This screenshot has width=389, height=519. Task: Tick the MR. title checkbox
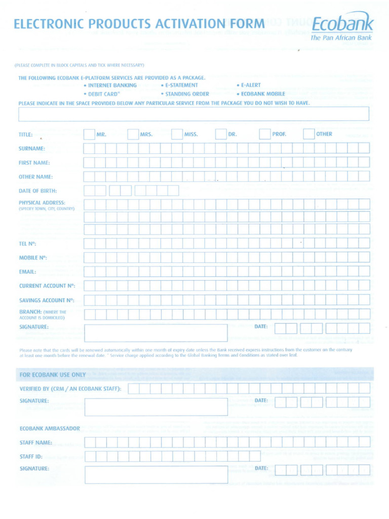pyautogui.click(x=89, y=134)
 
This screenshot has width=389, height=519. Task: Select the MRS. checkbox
pyautogui.click(x=133, y=134)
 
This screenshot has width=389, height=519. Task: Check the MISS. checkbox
pyautogui.click(x=177, y=134)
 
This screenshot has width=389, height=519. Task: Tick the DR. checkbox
pyautogui.click(x=221, y=134)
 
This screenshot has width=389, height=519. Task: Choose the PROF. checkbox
pyautogui.click(x=265, y=134)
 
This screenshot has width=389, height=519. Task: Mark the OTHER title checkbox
pyautogui.click(x=308, y=134)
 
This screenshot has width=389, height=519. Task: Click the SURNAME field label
pyautogui.click(x=32, y=149)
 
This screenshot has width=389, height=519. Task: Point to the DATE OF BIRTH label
pyautogui.click(x=37, y=191)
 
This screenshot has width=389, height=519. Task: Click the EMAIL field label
pyautogui.click(x=27, y=272)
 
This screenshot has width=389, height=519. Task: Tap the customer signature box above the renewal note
pyautogui.click(x=156, y=333)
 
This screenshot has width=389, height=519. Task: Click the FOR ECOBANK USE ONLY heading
pyautogui.click(x=53, y=375)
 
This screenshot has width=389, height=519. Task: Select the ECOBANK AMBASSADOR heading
pyautogui.click(x=50, y=428)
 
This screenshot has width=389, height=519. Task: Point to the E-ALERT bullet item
pyautogui.click(x=250, y=85)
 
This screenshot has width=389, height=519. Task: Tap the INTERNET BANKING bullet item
pyautogui.click(x=112, y=85)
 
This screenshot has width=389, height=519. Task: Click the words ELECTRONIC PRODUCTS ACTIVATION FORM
pyautogui.click(x=139, y=24)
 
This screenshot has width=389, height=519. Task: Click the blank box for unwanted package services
pyautogui.click(x=193, y=114)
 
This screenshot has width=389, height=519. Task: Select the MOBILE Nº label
pyautogui.click(x=33, y=257)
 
